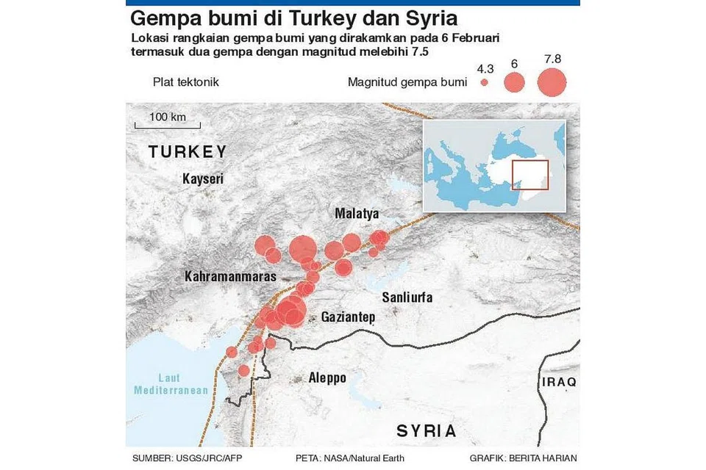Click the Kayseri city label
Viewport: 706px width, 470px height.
(202, 178)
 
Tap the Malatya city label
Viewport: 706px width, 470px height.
(357, 214)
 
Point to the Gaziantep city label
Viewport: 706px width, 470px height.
(348, 317)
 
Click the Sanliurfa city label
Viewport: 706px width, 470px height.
(407, 297)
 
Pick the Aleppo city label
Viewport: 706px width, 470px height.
(327, 377)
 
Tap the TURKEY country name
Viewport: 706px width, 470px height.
(187, 152)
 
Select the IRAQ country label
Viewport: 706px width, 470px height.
(559, 383)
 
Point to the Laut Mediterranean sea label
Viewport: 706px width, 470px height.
(171, 384)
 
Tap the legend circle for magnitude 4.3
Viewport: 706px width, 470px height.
(484, 83)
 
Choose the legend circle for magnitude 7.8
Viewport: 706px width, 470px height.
(552, 82)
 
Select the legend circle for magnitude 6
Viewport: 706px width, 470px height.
(515, 82)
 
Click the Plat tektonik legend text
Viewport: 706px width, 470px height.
(185, 82)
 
